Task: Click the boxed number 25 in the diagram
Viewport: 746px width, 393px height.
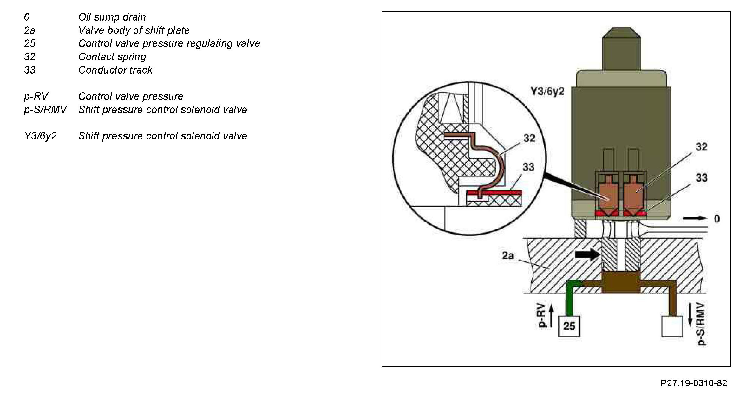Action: coord(569,326)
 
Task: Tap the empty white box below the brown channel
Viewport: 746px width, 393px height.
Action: coord(672,326)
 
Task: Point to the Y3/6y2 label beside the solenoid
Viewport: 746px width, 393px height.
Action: coord(547,92)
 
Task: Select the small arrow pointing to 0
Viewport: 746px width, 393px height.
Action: coord(695,218)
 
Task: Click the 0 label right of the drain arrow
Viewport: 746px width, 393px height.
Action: coord(717,219)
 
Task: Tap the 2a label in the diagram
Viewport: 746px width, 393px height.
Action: coord(508,255)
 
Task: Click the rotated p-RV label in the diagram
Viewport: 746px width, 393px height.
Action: coord(543,315)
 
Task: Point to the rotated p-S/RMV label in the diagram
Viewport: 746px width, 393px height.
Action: coord(702,324)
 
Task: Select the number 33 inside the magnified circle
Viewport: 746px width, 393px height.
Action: coord(528,167)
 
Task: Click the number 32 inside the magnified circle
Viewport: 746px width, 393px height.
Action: coord(529,138)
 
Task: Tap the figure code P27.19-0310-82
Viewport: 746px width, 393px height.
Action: coord(694,383)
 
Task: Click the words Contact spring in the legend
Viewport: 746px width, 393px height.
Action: coord(112,57)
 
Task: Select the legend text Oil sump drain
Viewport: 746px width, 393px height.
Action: coord(112,17)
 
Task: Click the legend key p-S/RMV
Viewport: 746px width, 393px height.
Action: coord(45,110)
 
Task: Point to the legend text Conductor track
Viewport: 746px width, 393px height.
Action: coord(115,70)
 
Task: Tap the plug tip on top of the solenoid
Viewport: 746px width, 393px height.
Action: coord(621,48)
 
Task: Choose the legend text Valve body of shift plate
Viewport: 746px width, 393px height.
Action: coord(134,30)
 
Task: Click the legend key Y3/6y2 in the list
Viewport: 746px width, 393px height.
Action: coord(40,136)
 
